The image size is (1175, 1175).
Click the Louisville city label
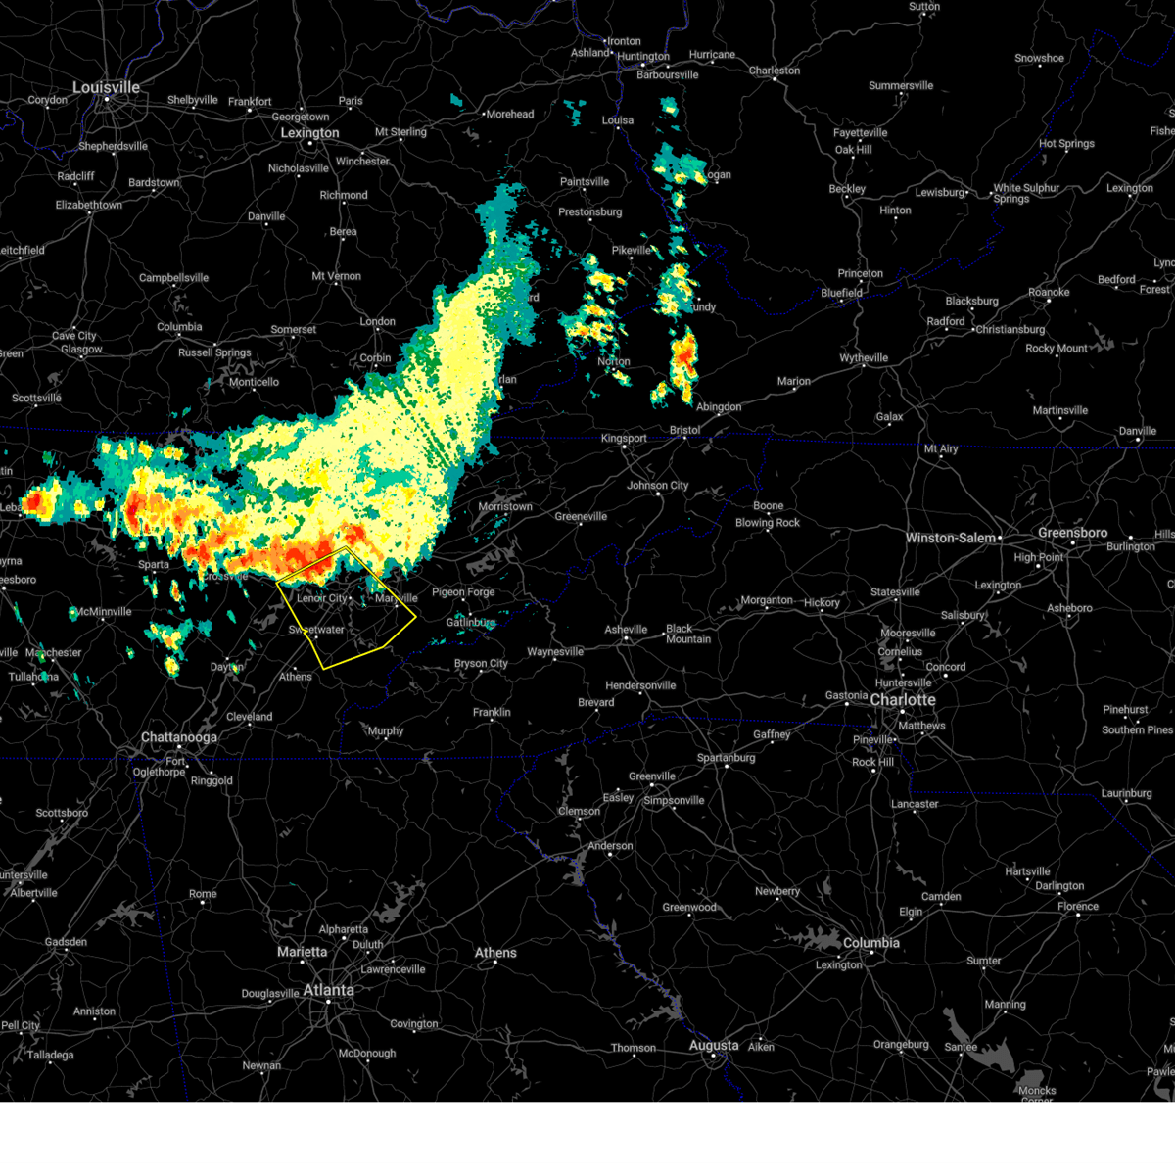106,88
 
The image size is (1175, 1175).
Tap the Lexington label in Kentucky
309,133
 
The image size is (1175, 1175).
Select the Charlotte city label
903,700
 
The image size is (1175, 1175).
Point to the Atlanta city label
328,990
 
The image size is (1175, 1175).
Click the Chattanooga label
178,737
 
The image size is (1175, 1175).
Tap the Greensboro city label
1072,533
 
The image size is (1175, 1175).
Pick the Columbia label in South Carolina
870,943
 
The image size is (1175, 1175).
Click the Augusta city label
713,1046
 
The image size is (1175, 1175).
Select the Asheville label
628,630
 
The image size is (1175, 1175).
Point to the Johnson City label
657,486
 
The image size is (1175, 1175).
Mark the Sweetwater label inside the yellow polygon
316,630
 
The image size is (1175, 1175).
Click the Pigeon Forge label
463,592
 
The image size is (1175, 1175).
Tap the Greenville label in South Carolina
652,776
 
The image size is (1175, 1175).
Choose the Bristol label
684,431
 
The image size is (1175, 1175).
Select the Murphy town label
386,731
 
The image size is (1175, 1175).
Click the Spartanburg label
726,758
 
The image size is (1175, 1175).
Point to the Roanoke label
1049,293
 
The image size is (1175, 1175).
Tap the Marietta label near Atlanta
302,952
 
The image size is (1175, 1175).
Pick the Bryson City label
481,664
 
